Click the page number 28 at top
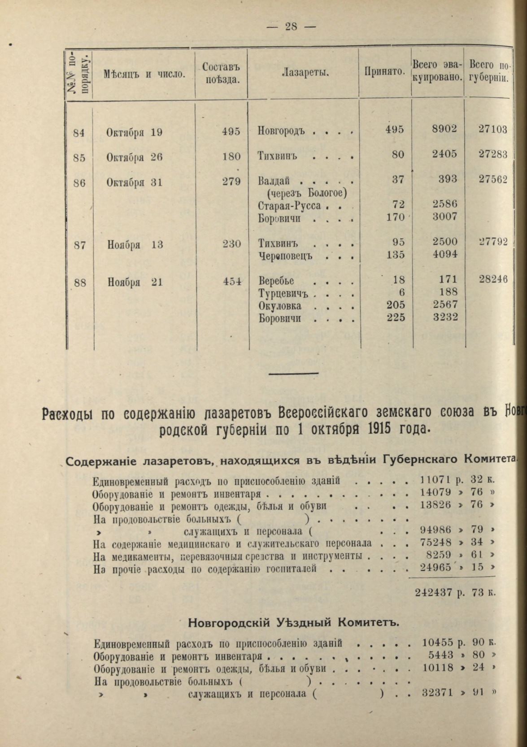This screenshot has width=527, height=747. point(291,26)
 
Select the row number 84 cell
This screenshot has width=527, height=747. point(79,131)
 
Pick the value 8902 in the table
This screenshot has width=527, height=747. point(444,129)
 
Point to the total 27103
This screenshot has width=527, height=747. point(492,130)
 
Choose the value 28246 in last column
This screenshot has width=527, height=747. point(493,279)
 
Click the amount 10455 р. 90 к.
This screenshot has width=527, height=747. point(459,643)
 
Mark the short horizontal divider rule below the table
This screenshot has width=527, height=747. point(293,373)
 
